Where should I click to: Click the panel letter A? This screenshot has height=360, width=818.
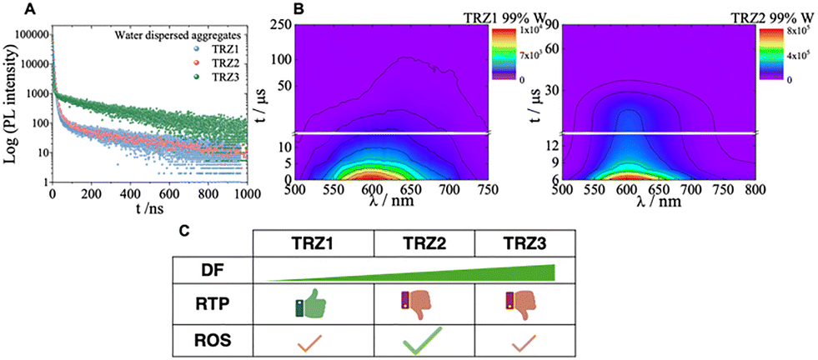[11, 9]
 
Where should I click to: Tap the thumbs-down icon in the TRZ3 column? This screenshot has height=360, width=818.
[522, 304]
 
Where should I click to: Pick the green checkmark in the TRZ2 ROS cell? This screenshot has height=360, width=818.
[422, 341]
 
